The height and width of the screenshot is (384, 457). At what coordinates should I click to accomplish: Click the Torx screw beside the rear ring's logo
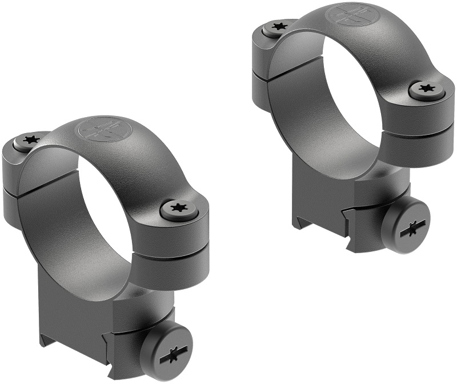point(279,26)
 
